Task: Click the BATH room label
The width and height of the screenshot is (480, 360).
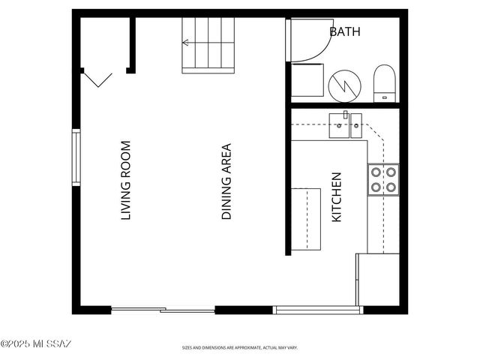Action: coord(345,31)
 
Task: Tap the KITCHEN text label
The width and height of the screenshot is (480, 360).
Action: coord(337,197)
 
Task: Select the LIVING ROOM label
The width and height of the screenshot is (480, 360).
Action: coord(126,181)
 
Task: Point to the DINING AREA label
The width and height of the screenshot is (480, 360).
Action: coord(226,182)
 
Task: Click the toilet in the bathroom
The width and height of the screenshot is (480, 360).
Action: coord(384,82)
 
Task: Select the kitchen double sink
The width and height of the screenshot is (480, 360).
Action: coord(346,124)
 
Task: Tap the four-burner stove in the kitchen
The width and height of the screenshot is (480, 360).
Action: coord(382,178)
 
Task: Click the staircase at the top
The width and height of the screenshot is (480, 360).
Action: coord(208,45)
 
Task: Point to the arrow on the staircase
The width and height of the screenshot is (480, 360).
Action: coord(196,43)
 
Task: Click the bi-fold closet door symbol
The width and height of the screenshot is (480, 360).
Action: coord(97,78)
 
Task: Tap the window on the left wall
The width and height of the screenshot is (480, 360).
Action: coord(76,157)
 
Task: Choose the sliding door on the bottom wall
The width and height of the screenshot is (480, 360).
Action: coord(163,310)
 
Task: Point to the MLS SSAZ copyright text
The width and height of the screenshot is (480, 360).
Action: coord(35,344)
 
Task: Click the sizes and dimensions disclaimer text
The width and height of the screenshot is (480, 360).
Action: coord(240,348)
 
